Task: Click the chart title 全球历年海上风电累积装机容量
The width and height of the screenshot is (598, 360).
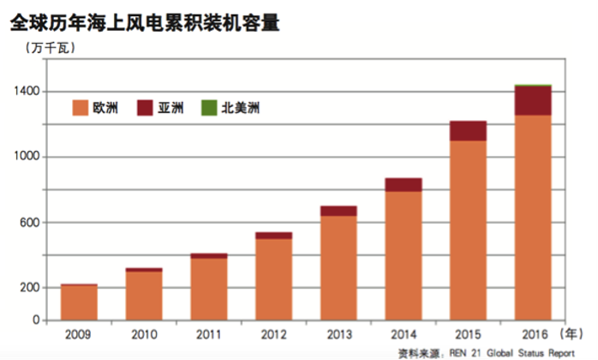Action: pos(145,21)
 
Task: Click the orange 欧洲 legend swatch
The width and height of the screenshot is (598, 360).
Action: pos(81,109)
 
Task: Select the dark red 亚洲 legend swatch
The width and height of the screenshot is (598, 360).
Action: pos(146,109)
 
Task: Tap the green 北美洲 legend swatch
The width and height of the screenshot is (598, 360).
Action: pos(207,109)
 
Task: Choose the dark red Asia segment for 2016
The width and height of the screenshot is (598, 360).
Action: pos(532,100)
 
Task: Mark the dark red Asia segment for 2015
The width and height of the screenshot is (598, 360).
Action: pos(468,130)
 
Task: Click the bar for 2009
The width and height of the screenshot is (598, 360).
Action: pos(79,303)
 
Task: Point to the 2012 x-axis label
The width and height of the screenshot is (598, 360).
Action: pos(273,333)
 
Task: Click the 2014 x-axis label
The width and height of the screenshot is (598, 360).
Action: pos(403,333)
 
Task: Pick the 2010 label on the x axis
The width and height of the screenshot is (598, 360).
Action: pos(144,333)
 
